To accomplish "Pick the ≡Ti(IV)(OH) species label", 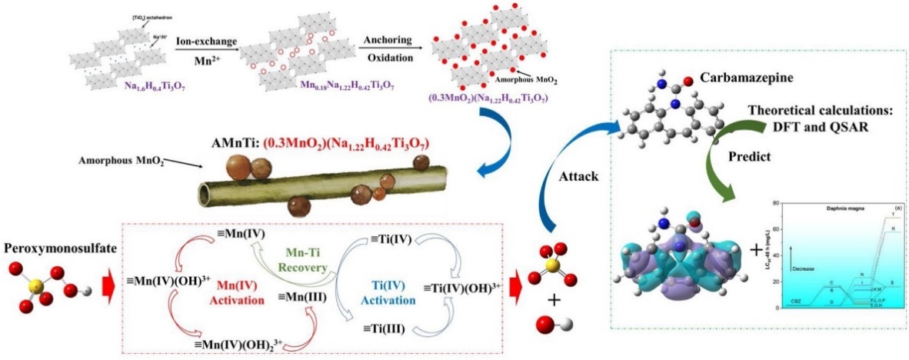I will point(461,289).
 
